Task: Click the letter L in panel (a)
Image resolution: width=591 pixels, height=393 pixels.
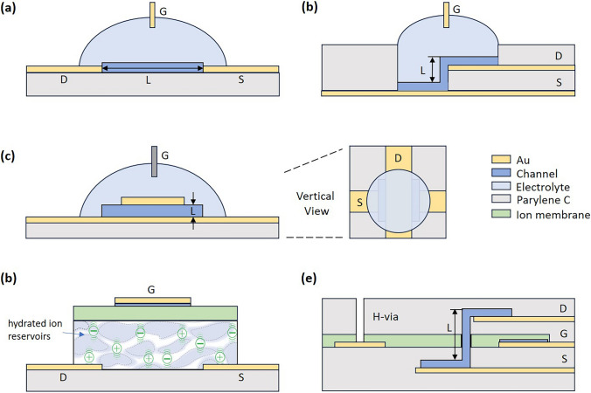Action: click(153, 81)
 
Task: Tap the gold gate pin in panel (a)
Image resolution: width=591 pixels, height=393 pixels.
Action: click(153, 14)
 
